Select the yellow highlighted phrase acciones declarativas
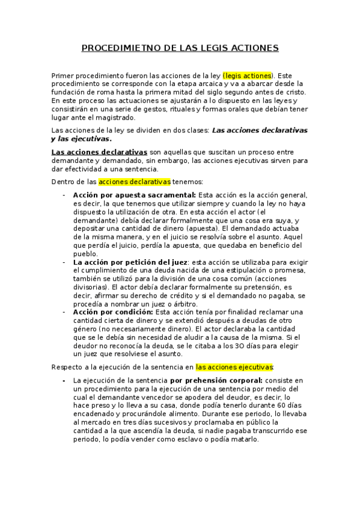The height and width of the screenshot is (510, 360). pyautogui.click(x=135, y=182)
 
